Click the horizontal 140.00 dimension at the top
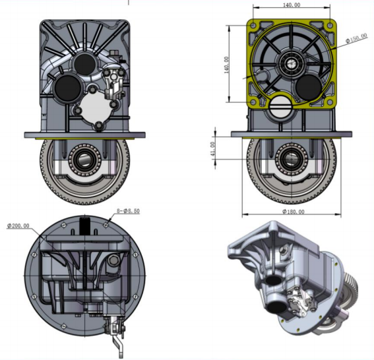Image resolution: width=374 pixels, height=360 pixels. pyautogui.click(x=291, y=5)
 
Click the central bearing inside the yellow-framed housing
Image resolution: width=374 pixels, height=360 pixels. pyautogui.click(x=291, y=63)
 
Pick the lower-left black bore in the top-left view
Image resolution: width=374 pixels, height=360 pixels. pyautogui.click(x=66, y=86)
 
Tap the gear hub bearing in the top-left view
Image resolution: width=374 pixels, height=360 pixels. pyautogui.click(x=86, y=159)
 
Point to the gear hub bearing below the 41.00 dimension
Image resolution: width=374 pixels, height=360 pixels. pyautogui.click(x=291, y=158)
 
